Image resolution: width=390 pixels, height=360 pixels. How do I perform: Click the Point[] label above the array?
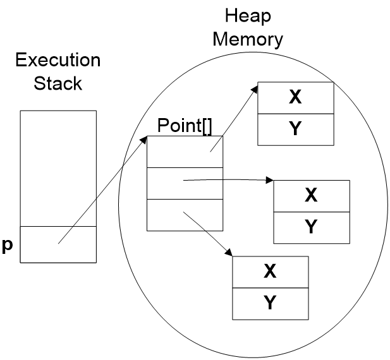(x=184, y=125)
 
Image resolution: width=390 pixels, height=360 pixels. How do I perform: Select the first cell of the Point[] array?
(x=185, y=152)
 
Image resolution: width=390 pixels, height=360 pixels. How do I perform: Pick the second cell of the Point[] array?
(x=185, y=183)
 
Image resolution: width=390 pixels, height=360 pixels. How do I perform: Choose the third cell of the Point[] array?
(x=185, y=215)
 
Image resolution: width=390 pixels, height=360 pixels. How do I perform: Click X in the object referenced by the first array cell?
(x=295, y=97)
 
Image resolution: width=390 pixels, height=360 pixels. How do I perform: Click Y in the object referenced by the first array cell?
(x=295, y=129)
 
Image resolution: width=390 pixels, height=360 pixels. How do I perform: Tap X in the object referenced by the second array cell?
(x=311, y=196)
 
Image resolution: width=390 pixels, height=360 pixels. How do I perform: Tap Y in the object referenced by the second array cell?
(x=311, y=227)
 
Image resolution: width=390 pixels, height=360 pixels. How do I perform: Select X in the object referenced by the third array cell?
(x=270, y=272)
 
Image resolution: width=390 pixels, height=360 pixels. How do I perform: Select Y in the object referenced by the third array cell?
(x=270, y=303)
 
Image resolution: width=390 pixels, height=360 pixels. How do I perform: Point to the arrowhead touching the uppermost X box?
(x=255, y=88)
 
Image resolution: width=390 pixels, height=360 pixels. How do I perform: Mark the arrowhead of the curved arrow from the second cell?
(x=269, y=181)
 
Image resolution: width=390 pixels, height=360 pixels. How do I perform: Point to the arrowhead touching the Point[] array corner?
(x=145, y=140)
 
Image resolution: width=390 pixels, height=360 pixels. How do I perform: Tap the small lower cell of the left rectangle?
(x=58, y=244)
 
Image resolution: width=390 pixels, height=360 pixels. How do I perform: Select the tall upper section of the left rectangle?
(x=58, y=168)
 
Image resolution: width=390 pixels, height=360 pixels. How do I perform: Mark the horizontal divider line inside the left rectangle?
(x=58, y=226)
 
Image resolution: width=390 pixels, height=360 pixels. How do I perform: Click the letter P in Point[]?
(x=162, y=125)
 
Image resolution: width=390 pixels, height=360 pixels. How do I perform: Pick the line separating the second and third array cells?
(x=185, y=200)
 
